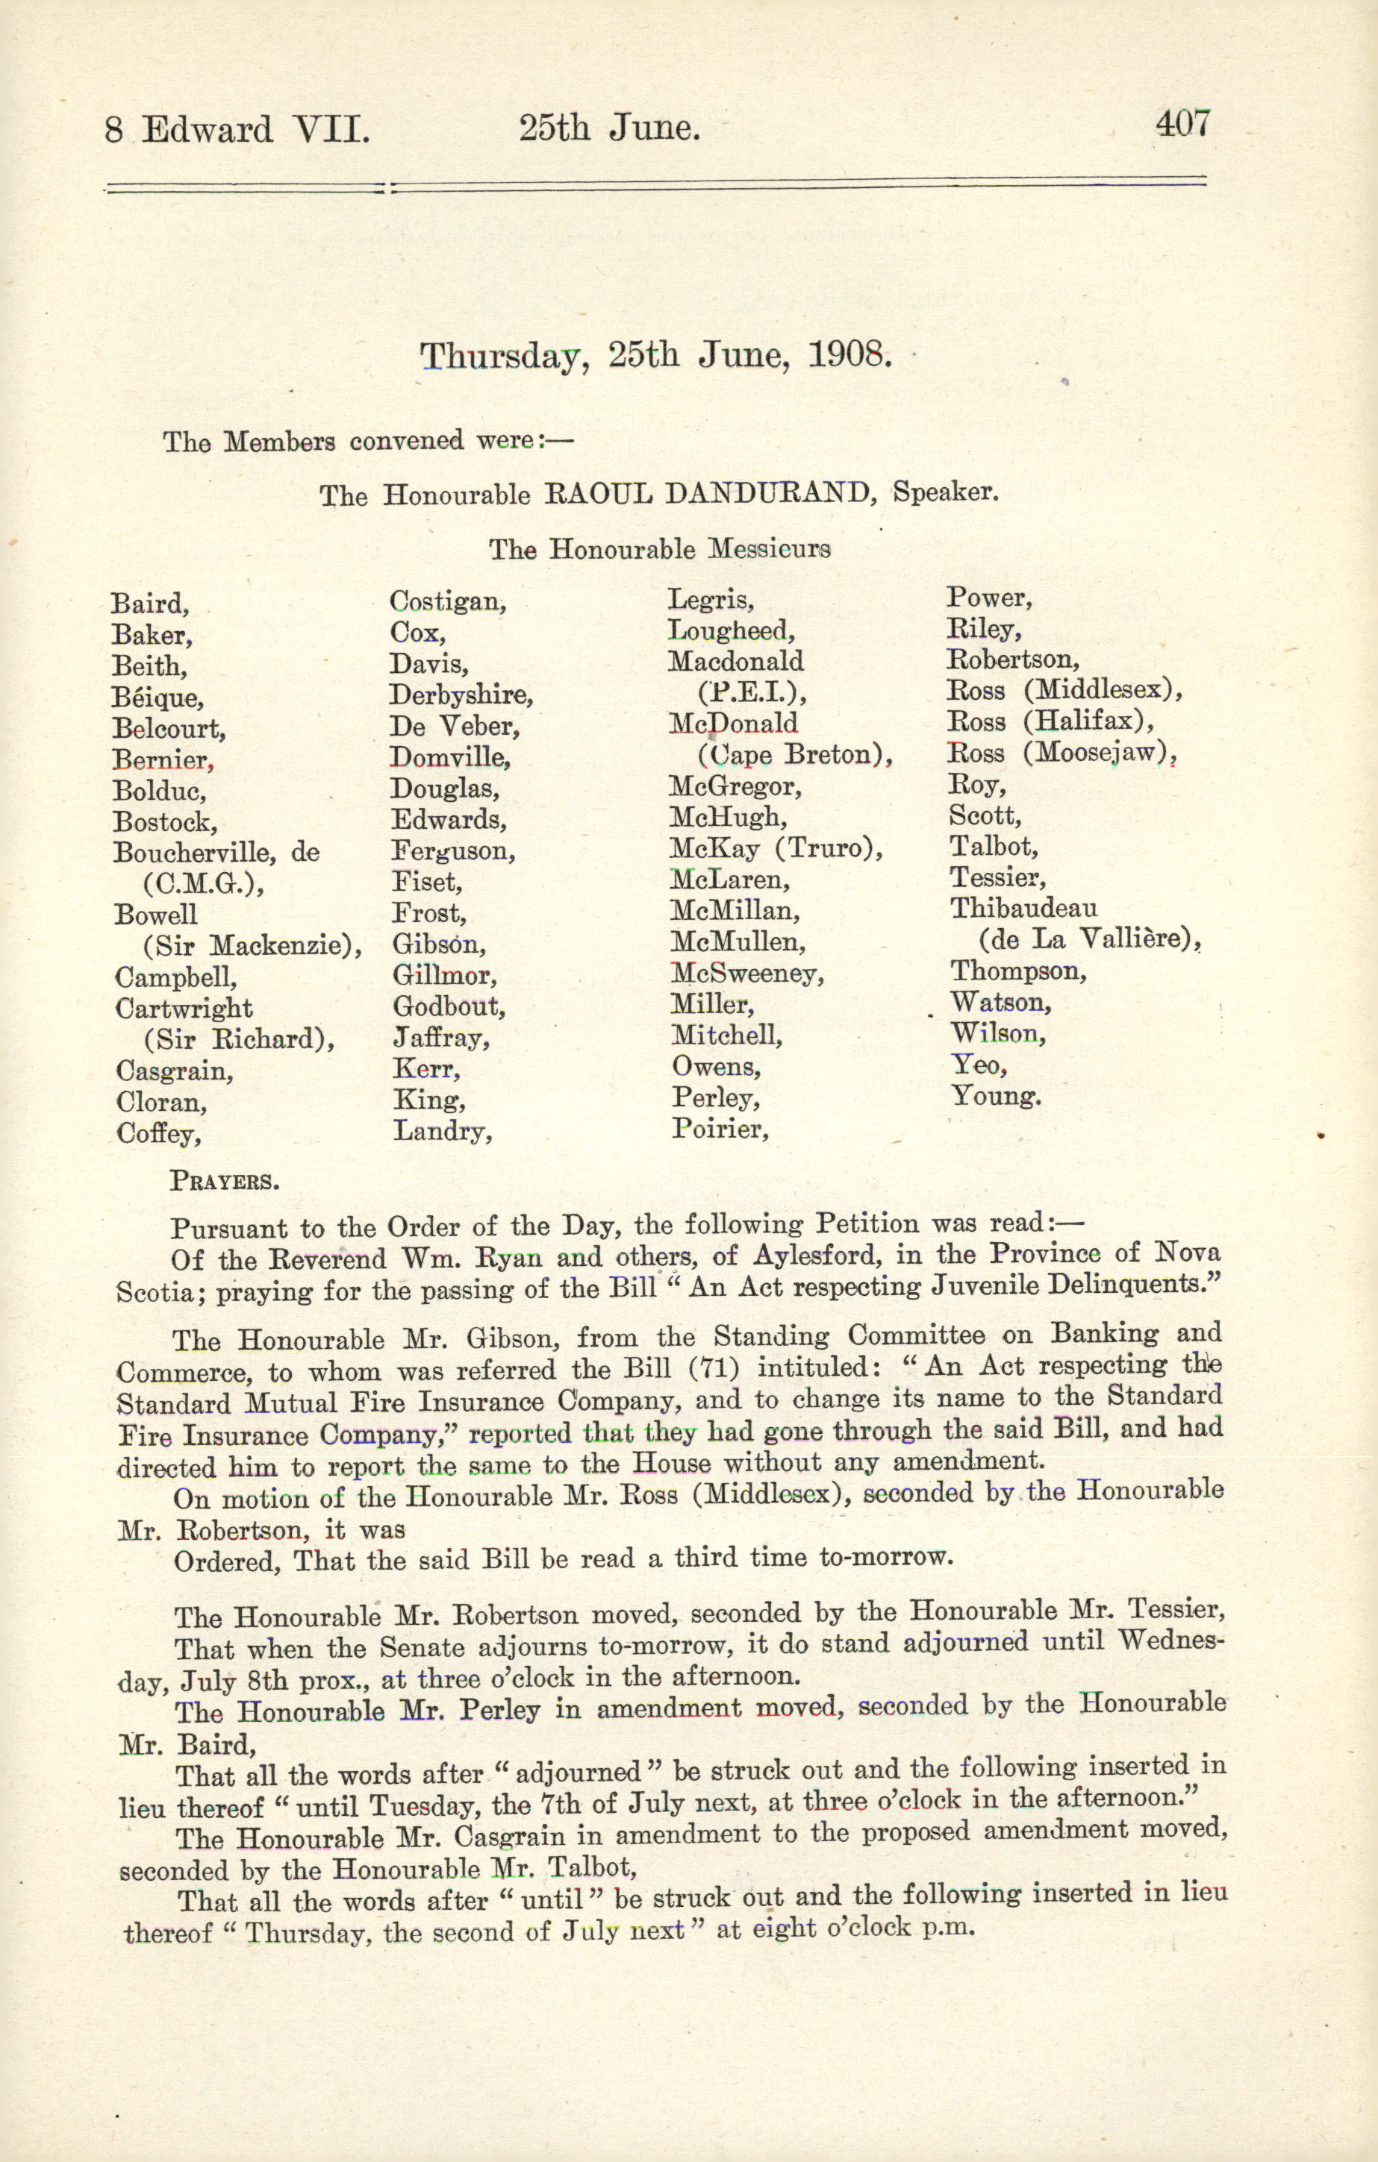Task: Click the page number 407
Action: (1183, 123)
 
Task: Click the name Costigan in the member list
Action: (447, 601)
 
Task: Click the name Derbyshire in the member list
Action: (461, 695)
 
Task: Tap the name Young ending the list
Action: (995, 1096)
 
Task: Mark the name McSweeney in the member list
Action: (746, 974)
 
